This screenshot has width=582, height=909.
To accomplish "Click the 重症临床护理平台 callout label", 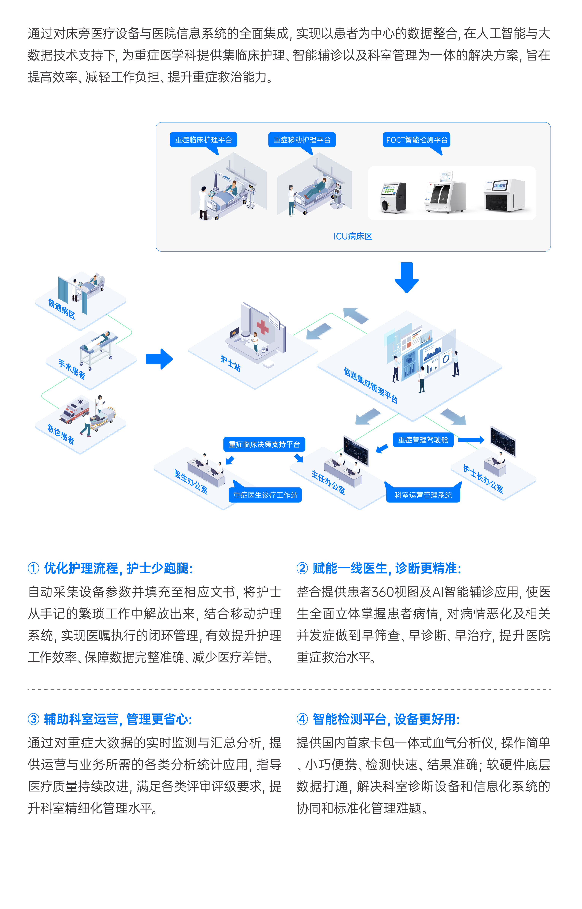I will tap(203, 140).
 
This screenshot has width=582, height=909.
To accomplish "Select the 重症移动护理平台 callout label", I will tap(302, 140).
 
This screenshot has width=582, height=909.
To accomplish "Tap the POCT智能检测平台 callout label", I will tap(417, 140).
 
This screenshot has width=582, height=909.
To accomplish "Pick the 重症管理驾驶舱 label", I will tap(423, 440).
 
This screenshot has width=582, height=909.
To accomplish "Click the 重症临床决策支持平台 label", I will tap(264, 444).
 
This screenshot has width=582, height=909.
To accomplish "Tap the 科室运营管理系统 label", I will tap(423, 495).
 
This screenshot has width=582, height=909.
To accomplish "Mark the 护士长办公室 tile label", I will tap(483, 479).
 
